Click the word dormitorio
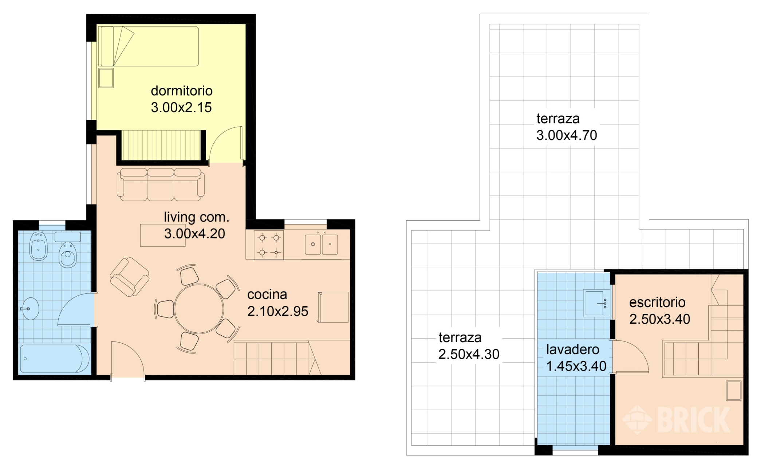click(182, 91)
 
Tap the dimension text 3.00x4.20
click(194, 233)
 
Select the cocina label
click(267, 295)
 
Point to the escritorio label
click(657, 302)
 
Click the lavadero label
click(573, 349)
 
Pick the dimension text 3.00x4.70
click(567, 135)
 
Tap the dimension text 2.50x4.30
click(469, 354)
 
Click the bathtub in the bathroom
click(55, 359)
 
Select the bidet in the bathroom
click(38, 246)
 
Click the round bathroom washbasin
click(30, 309)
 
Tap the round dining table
click(199, 309)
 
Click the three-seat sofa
click(161, 184)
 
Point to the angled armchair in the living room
click(129, 277)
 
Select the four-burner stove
click(269, 245)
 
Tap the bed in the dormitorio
click(149, 46)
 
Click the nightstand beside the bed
click(106, 78)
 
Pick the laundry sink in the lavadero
click(596, 303)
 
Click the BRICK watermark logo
click(676, 420)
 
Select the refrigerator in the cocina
click(333, 307)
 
